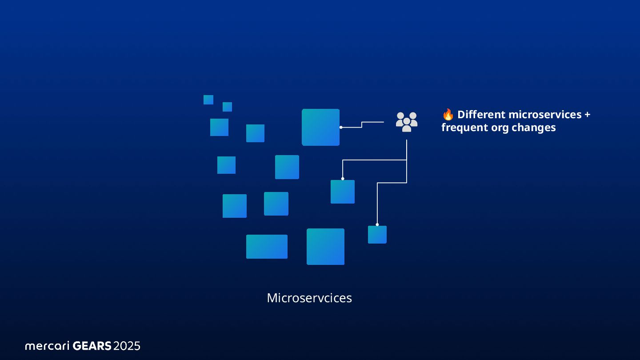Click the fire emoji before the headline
pos(448,115)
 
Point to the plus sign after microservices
pos(587,115)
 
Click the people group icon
pos(407,122)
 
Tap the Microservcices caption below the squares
pos(309,298)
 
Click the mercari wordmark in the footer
pos(48,346)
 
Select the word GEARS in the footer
pos(92,346)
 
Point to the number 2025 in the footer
pos(127,346)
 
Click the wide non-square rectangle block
pos(267,247)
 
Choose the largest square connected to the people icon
pos(320,127)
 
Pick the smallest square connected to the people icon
pos(377,235)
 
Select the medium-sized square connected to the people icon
pos(343,192)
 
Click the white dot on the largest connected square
pos(341,128)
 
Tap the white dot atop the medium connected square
pos(343,179)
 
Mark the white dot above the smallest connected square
pos(377,224)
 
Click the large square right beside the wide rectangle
pos(325,247)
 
